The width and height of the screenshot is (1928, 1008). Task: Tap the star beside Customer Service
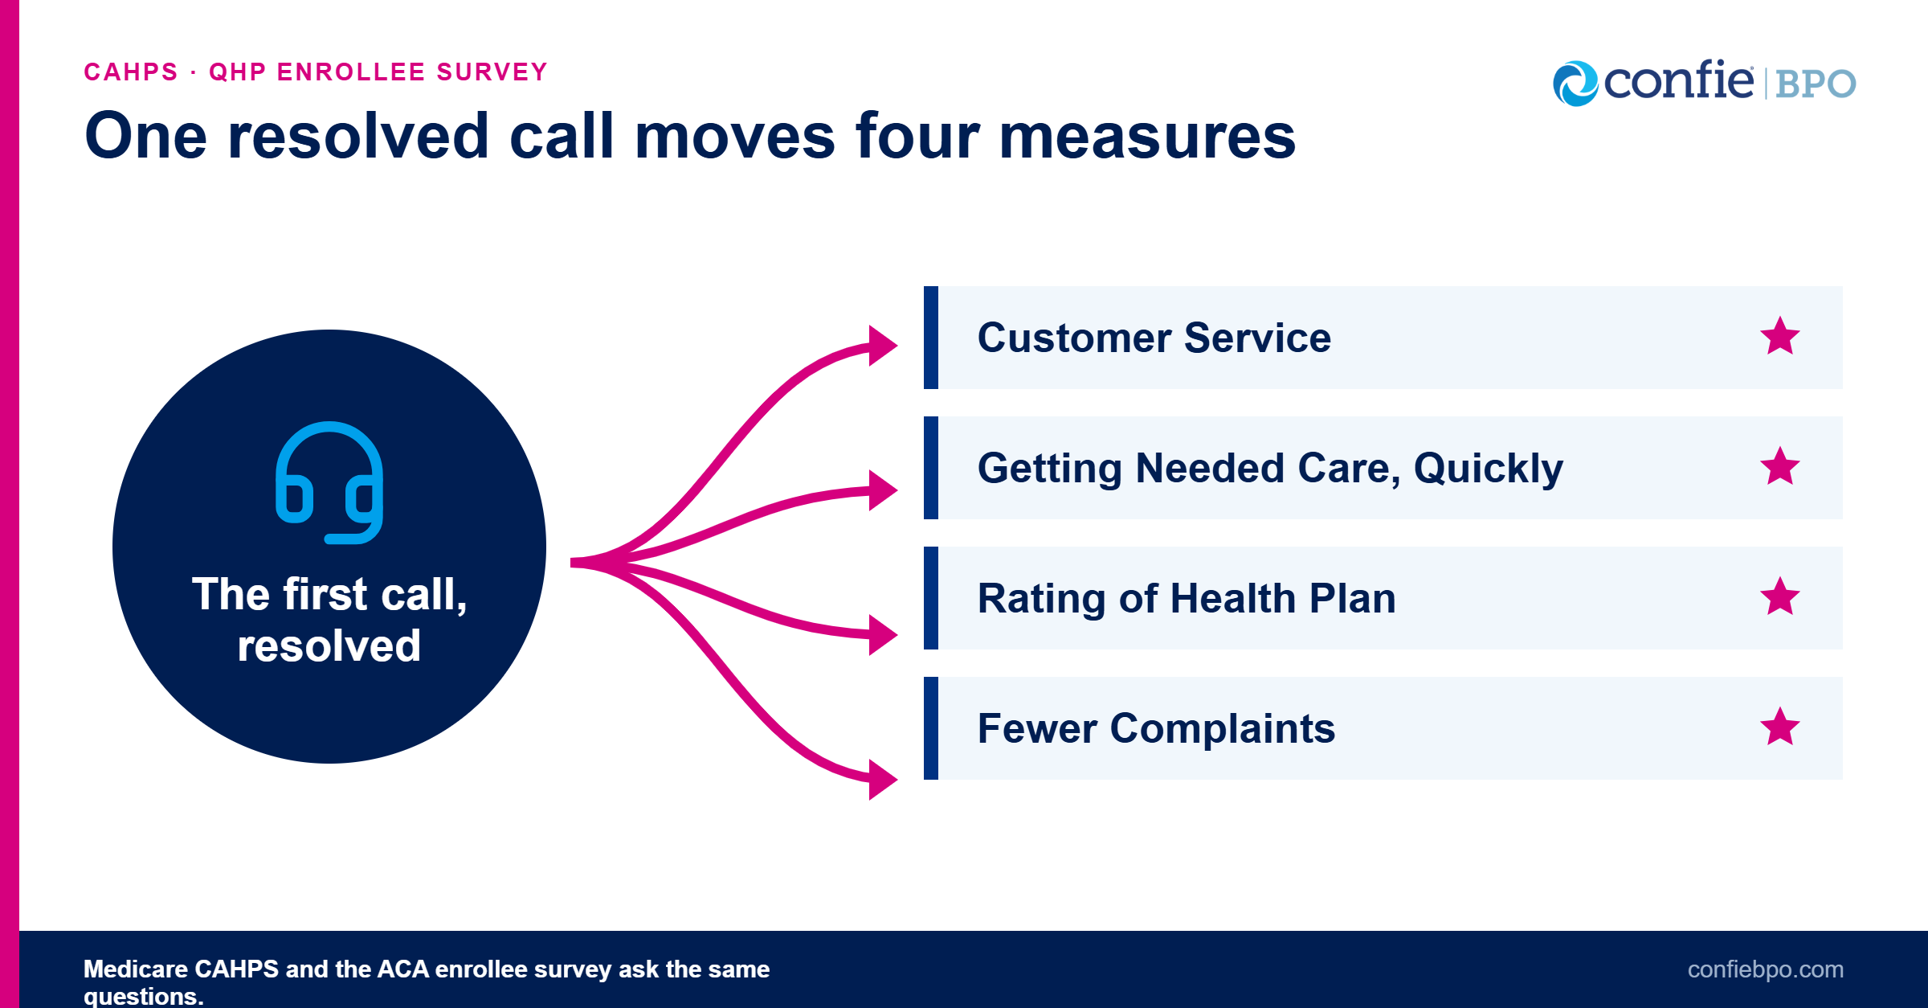point(1780,336)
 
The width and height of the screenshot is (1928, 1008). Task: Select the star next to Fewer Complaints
point(1780,727)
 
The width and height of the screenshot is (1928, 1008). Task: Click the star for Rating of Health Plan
point(1780,596)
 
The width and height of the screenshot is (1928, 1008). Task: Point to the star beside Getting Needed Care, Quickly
point(1780,466)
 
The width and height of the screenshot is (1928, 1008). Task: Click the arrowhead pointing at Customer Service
point(882,346)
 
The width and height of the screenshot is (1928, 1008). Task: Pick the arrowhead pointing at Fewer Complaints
point(882,779)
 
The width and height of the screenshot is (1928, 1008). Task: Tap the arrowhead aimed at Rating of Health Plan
point(882,635)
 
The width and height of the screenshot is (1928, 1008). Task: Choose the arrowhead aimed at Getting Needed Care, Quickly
point(882,490)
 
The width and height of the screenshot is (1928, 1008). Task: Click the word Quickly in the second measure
point(1489,469)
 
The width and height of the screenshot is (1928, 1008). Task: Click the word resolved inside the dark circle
point(329,645)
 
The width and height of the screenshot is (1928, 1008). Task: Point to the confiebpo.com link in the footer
point(1765,969)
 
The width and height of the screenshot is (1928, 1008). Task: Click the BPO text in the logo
point(1816,84)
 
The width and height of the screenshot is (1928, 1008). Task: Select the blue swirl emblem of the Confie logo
point(1575,84)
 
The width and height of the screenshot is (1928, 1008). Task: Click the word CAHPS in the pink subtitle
point(131,72)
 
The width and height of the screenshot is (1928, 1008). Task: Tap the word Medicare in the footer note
point(135,969)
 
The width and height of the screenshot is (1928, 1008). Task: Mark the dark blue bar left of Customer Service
point(931,338)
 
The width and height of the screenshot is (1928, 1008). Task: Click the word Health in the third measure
point(1233,599)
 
